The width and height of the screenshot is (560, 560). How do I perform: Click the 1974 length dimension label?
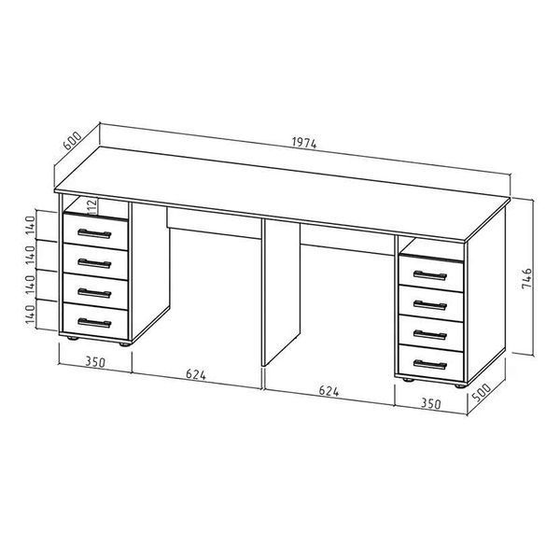tap(304, 143)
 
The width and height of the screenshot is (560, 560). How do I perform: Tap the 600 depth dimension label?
tap(72, 140)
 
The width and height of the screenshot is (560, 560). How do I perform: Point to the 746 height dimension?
tap(526, 279)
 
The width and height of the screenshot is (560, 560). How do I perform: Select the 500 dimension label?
tap(482, 392)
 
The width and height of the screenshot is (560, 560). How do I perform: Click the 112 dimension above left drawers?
tap(92, 207)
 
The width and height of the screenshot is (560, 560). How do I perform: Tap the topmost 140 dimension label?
tap(31, 225)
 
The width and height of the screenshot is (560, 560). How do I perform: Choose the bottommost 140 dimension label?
tap(31, 315)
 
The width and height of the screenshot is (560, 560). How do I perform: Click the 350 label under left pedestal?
tap(95, 362)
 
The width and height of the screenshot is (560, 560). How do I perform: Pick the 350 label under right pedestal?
tap(430, 403)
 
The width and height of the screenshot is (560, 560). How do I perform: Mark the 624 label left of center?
tap(196, 374)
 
